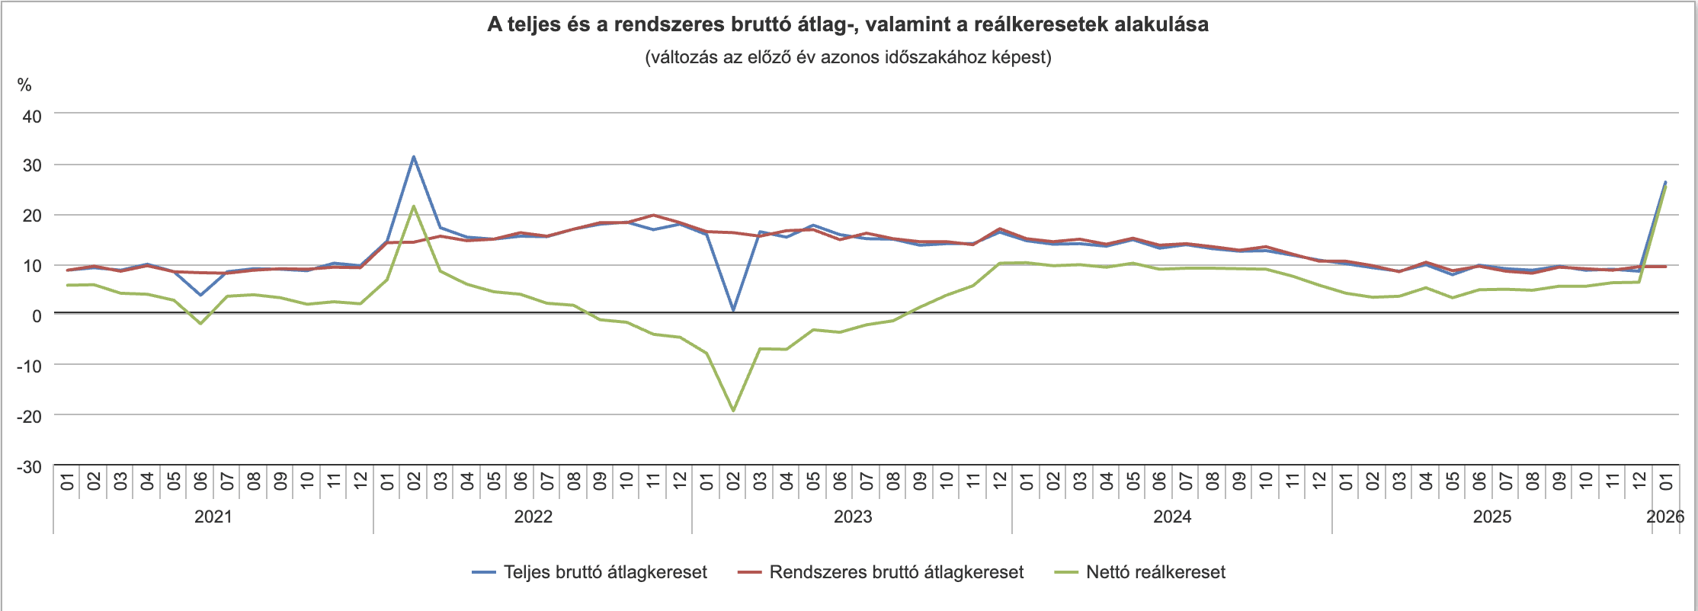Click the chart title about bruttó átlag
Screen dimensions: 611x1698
click(x=847, y=24)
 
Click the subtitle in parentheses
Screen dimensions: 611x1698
click(x=847, y=57)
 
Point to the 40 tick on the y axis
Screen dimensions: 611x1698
click(x=32, y=117)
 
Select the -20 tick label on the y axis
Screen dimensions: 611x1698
click(x=29, y=416)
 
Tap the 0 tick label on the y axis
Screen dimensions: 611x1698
click(x=37, y=315)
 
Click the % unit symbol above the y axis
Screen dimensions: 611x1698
click(x=24, y=85)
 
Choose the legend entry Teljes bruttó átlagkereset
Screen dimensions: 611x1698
click(x=604, y=572)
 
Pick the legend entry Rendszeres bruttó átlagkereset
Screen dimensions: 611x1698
click(x=895, y=572)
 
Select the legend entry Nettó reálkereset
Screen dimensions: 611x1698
click(x=1155, y=572)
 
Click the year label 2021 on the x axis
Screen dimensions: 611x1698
click(x=213, y=517)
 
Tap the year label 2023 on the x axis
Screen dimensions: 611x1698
click(x=853, y=517)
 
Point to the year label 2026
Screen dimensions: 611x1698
click(x=1665, y=517)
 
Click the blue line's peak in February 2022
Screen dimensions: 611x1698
click(x=414, y=157)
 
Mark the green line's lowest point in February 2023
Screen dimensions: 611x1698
click(x=733, y=411)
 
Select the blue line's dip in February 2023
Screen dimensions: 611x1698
click(x=733, y=310)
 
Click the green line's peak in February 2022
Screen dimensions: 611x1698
click(x=414, y=206)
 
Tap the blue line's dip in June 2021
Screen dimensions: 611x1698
click(x=201, y=295)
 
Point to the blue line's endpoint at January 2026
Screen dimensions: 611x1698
click(x=1665, y=182)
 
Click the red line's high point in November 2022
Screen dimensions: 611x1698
click(x=653, y=215)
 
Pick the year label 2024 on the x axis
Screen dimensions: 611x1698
click(x=1172, y=517)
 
